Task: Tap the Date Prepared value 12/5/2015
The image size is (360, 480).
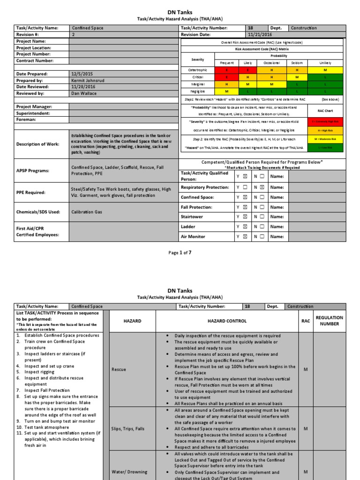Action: click(82, 74)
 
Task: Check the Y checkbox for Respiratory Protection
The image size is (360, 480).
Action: click(244, 187)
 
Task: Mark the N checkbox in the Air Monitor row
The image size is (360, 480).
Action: click(262, 237)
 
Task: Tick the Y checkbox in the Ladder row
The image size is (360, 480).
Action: click(244, 227)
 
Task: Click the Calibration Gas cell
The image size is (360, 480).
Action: click(86, 212)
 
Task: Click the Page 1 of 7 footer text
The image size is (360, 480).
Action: click(180, 253)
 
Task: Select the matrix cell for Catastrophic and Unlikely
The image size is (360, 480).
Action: click(325, 70)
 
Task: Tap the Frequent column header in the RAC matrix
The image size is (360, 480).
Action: click(226, 63)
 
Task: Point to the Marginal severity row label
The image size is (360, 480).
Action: click(197, 83)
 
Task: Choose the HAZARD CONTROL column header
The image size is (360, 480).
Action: click(227, 321)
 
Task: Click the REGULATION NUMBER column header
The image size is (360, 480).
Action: click(329, 321)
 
